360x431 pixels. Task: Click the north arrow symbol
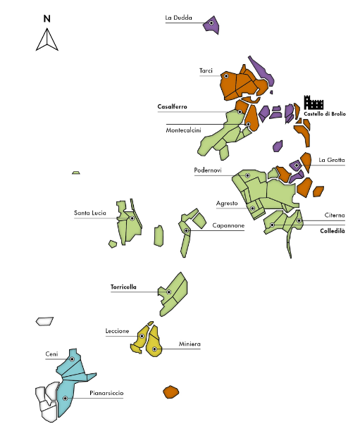pyautogui.click(x=47, y=39)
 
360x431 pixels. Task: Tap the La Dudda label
pyautogui.click(x=178, y=18)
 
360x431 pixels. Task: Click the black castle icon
pyautogui.click(x=314, y=103)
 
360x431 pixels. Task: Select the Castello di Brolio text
pyautogui.click(x=325, y=114)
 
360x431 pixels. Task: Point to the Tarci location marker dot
pyautogui.click(x=226, y=76)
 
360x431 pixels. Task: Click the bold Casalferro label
pyautogui.click(x=172, y=106)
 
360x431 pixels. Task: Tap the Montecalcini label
pyautogui.click(x=183, y=130)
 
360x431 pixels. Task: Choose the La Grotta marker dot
pyautogui.click(x=297, y=165)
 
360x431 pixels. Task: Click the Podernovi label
pyautogui.click(x=208, y=170)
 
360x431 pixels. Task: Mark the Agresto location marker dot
pyautogui.click(x=252, y=208)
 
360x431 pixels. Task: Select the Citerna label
pyautogui.click(x=335, y=216)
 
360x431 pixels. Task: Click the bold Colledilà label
pyautogui.click(x=333, y=231)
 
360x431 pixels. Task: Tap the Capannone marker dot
pyautogui.click(x=186, y=230)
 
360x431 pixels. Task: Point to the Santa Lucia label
pyautogui.click(x=90, y=213)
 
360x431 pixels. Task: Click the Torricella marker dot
pyautogui.click(x=169, y=292)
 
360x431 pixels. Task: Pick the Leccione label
pyautogui.click(x=117, y=331)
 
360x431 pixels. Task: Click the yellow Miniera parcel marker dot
pyautogui.click(x=154, y=349)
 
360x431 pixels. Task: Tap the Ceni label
pyautogui.click(x=51, y=354)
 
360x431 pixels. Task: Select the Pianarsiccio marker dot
pyautogui.click(x=66, y=399)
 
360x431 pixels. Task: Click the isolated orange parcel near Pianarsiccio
pyautogui.click(x=170, y=392)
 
